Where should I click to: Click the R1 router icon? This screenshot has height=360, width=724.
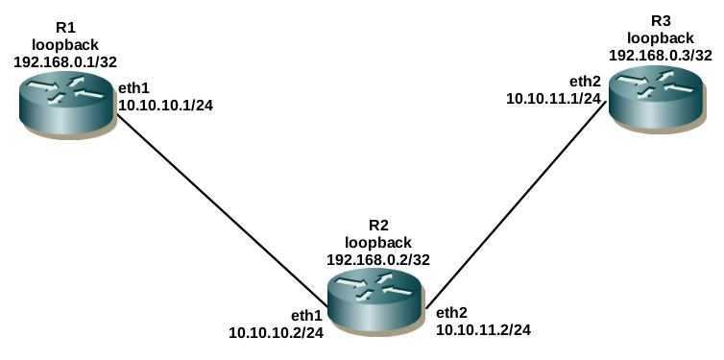tap(66, 105)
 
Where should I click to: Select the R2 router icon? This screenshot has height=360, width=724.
tap(374, 299)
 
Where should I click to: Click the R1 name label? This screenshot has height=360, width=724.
tap(65, 28)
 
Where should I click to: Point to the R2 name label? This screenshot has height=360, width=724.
tap(378, 226)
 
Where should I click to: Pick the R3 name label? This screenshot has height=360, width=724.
tap(661, 21)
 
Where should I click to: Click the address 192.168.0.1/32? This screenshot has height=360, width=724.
tap(65, 61)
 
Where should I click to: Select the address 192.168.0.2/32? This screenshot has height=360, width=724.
tap(378, 259)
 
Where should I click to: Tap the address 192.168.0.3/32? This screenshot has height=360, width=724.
tap(661, 55)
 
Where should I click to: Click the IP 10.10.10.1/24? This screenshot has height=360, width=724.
tap(166, 106)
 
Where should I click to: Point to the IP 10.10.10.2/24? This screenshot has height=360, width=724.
tap(277, 332)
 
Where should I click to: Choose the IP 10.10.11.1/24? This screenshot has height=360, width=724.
tap(554, 98)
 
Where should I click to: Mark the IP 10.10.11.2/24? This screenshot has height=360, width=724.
tap(484, 329)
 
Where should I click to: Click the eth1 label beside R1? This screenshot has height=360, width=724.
tap(134, 88)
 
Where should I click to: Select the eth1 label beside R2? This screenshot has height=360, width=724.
tap(306, 316)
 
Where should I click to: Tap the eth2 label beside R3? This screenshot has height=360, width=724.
tap(586, 82)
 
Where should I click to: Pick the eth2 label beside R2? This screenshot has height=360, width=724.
tap(452, 313)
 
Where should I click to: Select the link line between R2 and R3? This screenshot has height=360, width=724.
tap(516, 205)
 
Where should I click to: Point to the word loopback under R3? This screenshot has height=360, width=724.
tap(661, 37)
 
